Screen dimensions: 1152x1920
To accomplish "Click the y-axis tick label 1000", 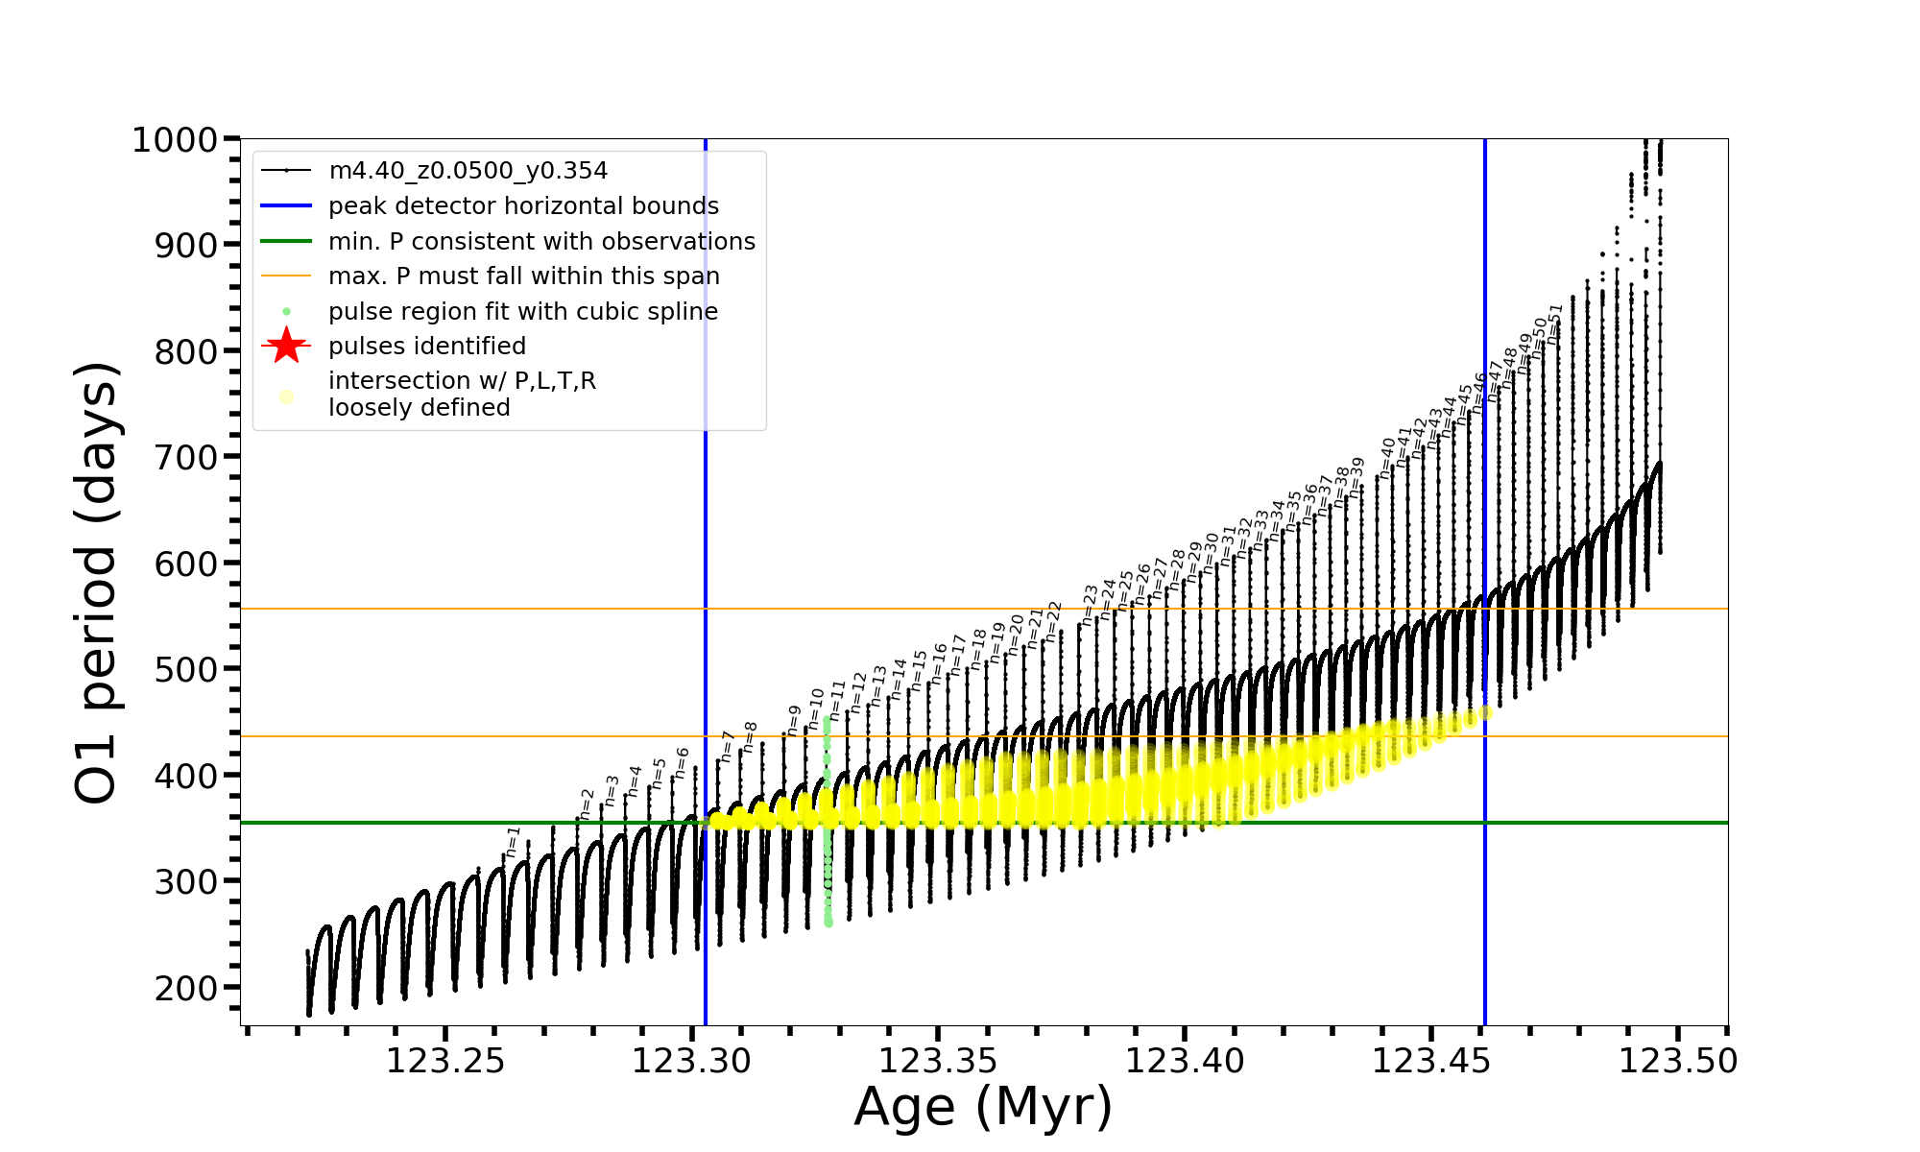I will click(x=175, y=140).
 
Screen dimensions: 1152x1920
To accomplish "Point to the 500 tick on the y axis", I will click(x=187, y=669).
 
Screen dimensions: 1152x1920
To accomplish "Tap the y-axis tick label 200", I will click(x=187, y=988).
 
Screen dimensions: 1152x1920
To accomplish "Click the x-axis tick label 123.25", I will click(x=444, y=1062).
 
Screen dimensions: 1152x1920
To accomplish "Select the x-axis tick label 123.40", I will click(x=1185, y=1062).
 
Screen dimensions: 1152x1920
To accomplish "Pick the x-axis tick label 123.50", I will click(x=1678, y=1062).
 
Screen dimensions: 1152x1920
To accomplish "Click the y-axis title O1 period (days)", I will click(x=96, y=582).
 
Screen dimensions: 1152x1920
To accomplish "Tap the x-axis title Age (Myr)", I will click(x=983, y=1107).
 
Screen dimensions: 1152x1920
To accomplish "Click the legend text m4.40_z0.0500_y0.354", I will click(x=468, y=171).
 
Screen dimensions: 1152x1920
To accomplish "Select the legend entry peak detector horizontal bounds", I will click(x=523, y=206).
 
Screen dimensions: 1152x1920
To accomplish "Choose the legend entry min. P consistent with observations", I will click(x=541, y=242).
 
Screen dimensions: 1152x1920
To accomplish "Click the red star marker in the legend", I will click(x=286, y=346).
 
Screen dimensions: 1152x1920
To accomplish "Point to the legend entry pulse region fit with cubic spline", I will click(x=522, y=312).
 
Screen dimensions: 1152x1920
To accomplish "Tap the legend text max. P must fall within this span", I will click(x=523, y=276).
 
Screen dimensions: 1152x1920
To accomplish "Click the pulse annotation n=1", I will click(x=513, y=842).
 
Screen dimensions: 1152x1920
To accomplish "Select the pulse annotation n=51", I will click(x=1555, y=324).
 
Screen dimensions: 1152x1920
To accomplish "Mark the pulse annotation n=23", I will click(x=1090, y=605).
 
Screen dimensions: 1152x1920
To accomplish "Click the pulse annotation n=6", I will click(x=682, y=763).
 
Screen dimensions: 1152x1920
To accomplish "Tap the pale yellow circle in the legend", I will click(x=286, y=396).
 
